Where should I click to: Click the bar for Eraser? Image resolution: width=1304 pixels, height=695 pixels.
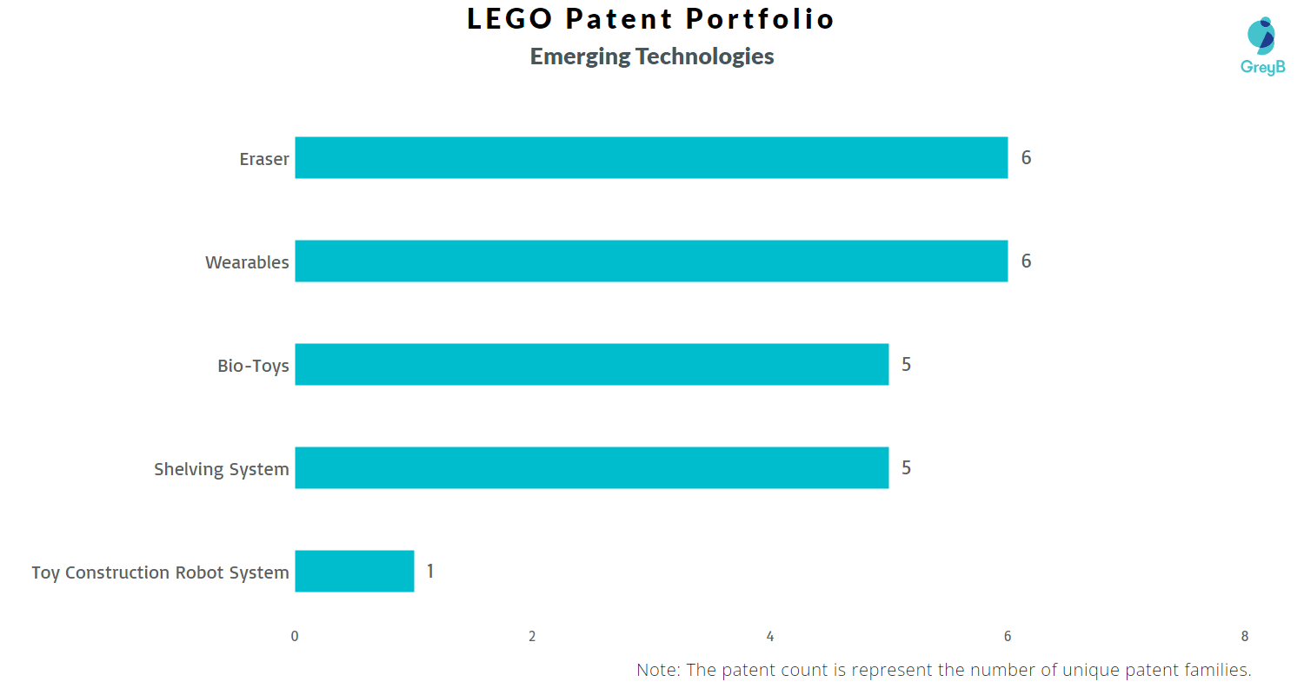(651, 157)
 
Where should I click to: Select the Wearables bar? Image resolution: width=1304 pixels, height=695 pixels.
(651, 261)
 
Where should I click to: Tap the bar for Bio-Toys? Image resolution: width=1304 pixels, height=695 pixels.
(591, 364)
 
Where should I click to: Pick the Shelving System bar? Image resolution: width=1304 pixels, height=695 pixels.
(591, 467)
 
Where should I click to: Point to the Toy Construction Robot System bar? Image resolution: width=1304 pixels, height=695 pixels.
(354, 571)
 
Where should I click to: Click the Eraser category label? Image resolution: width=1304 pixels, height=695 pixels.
(264, 159)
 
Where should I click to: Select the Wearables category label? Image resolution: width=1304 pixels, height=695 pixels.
(247, 262)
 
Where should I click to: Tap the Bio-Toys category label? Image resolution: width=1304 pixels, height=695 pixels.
(253, 366)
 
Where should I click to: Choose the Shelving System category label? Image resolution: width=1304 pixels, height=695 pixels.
(222, 469)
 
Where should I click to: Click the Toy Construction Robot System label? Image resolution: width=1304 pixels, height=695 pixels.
(160, 573)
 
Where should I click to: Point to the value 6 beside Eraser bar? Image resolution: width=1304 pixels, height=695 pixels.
(1026, 157)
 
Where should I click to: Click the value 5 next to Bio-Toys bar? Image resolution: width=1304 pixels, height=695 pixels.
(906, 364)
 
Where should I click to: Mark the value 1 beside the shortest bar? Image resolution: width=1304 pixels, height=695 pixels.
(430, 571)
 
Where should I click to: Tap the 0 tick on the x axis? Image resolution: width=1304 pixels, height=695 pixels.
(295, 636)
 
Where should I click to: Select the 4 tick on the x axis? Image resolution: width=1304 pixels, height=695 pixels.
(770, 636)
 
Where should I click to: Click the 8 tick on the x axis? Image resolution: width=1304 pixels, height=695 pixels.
(1245, 636)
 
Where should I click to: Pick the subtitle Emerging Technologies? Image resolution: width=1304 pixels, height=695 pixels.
(652, 56)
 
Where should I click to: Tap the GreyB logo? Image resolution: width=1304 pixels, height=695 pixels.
(1261, 46)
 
